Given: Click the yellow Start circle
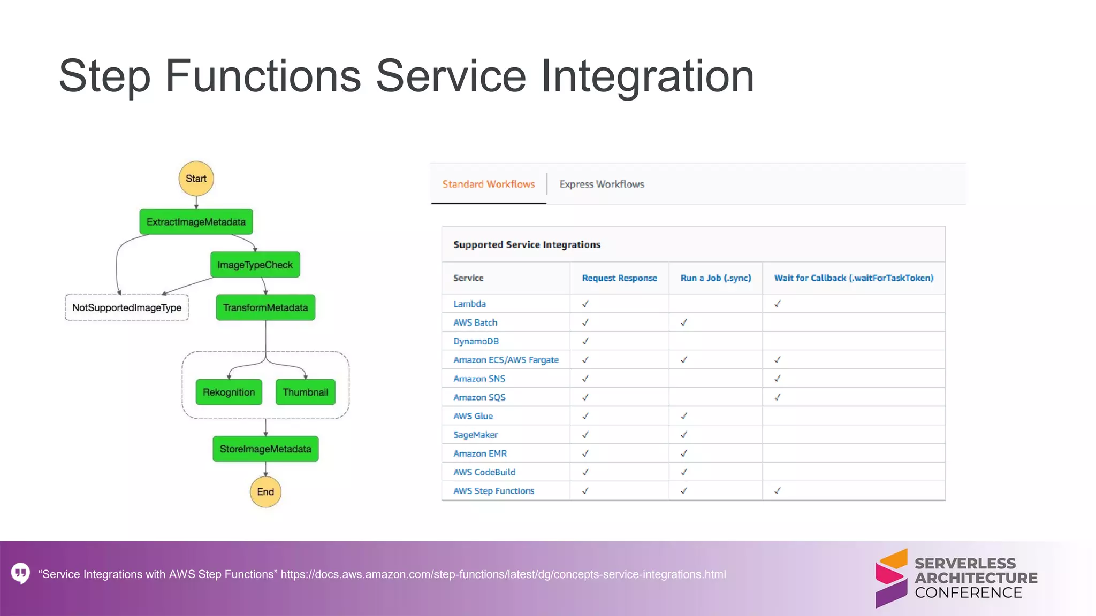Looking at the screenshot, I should click(x=196, y=179).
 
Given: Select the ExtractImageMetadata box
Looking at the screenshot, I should click(x=196, y=222).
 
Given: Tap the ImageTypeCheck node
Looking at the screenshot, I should click(x=255, y=265).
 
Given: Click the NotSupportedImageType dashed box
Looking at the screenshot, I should click(x=127, y=307).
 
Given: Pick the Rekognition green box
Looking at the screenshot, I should click(x=229, y=392).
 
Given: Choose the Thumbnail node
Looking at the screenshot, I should click(x=305, y=392).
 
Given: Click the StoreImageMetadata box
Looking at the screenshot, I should click(x=265, y=449).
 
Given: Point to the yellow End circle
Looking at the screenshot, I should click(x=265, y=492).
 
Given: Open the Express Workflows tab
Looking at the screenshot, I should click(x=602, y=184).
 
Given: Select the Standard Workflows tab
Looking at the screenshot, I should click(x=489, y=184).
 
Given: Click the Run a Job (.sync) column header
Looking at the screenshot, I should click(x=716, y=278).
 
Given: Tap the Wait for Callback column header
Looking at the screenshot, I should click(x=854, y=278).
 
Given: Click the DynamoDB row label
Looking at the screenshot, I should click(x=476, y=341).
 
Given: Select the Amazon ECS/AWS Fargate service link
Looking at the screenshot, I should click(x=506, y=360).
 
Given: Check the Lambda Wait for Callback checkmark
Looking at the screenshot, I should click(x=778, y=304).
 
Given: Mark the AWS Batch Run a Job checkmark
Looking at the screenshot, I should click(x=683, y=322).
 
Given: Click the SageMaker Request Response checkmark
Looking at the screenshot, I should click(x=585, y=435).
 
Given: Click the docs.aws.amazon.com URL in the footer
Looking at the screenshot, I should click(x=503, y=574).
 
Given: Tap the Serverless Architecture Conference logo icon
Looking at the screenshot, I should click(x=891, y=578).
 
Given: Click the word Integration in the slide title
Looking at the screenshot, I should click(x=647, y=76).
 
